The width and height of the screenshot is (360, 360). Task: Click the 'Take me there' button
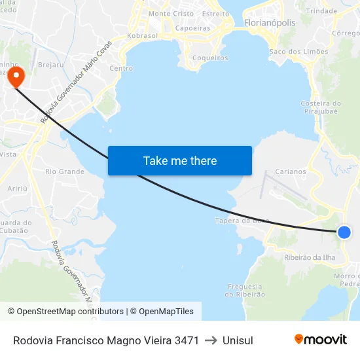180,160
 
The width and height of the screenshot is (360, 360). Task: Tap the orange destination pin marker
14,77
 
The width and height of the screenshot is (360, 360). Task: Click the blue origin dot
344,232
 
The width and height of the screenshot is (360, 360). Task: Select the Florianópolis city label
269,23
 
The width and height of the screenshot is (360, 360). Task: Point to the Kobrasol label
142,35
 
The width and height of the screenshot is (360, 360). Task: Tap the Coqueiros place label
210,58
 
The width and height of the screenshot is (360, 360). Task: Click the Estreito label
216,13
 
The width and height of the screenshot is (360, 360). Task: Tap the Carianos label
291,171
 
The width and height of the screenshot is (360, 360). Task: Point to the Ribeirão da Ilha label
310,257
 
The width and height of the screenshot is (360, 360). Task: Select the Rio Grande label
65,171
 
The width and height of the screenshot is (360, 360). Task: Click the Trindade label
321,11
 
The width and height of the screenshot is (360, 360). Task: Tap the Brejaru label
50,65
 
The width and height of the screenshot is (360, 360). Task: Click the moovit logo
320,340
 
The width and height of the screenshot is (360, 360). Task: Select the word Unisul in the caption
238,340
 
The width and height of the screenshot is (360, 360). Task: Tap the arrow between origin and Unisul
211,340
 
